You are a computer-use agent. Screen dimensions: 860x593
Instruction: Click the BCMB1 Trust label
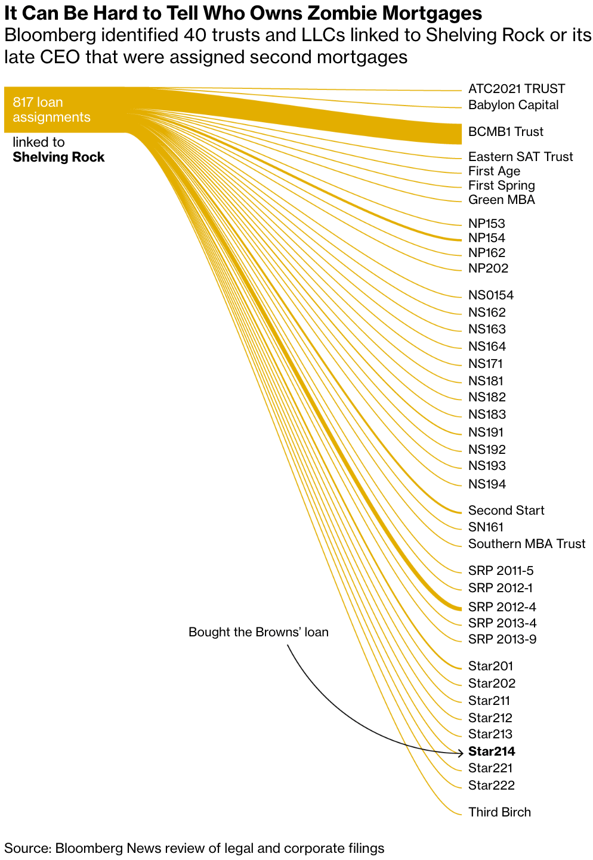(505, 132)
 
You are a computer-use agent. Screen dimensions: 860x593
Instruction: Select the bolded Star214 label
(492, 751)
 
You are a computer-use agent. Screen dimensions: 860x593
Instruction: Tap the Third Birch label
(499, 812)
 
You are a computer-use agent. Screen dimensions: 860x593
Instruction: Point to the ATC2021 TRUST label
(516, 89)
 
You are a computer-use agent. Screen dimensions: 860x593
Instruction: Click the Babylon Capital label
(513, 105)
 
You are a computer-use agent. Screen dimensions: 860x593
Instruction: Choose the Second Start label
(506, 511)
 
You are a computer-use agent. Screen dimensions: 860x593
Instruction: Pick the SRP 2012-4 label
(502, 607)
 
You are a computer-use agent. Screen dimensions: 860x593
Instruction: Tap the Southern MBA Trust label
(526, 544)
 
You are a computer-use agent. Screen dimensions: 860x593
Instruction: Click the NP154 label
(486, 238)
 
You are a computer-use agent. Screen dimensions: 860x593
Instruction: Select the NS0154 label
(490, 295)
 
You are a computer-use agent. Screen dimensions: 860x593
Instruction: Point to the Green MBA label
(501, 200)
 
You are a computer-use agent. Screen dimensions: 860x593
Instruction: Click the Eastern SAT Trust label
(520, 157)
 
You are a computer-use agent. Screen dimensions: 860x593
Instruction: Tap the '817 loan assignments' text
(51, 110)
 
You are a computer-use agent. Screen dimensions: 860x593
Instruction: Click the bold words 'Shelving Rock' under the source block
(58, 157)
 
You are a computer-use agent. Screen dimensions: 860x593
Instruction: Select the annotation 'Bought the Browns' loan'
(258, 632)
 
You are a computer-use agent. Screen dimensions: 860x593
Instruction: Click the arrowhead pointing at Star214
(459, 751)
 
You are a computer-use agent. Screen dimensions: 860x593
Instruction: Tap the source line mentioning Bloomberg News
(194, 848)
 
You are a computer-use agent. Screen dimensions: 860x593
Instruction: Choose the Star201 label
(490, 666)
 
